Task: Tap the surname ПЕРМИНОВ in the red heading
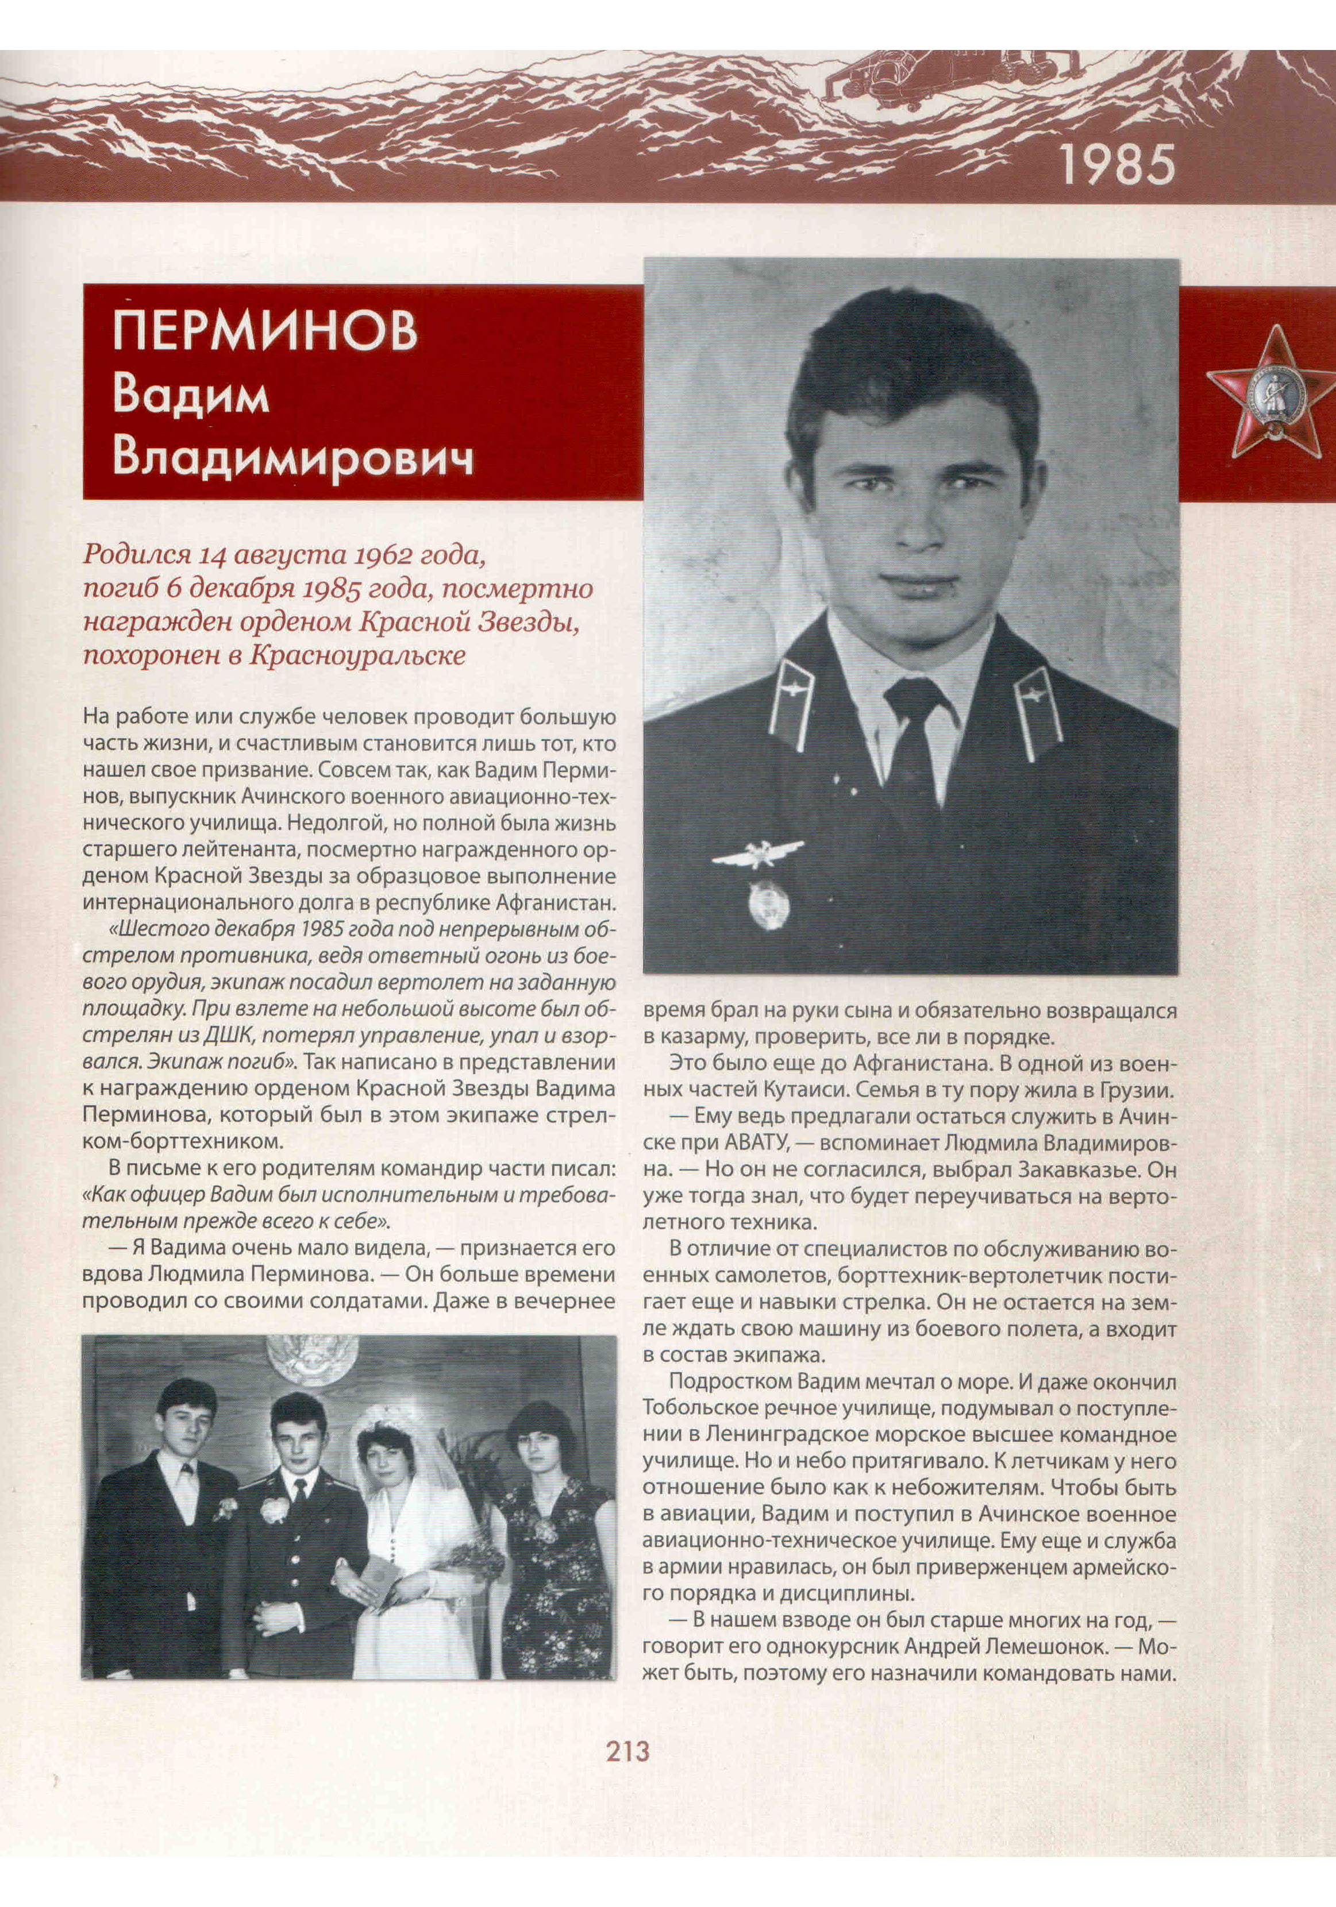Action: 264,331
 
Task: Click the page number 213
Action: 627,1752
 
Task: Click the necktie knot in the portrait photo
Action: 913,698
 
